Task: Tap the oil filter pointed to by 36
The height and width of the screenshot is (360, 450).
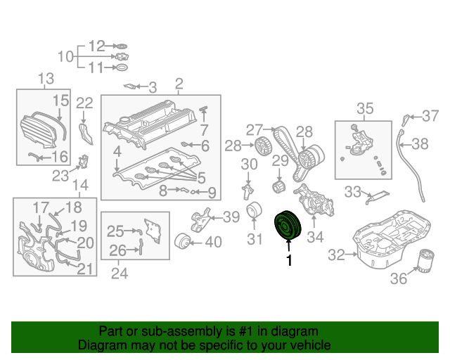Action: click(x=426, y=262)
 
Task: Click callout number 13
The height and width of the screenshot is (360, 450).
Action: click(x=45, y=78)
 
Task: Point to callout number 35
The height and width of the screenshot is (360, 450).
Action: click(x=365, y=108)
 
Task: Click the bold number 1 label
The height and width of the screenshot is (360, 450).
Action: click(x=288, y=262)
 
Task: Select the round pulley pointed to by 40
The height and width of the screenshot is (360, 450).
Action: click(x=182, y=241)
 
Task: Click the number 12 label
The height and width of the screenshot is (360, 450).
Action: click(x=96, y=46)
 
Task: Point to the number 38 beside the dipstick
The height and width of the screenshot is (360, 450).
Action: click(x=420, y=144)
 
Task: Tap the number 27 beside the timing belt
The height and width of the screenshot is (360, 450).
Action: click(x=253, y=129)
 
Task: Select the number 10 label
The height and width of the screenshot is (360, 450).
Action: click(x=65, y=56)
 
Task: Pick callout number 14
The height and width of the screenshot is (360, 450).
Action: click(x=80, y=185)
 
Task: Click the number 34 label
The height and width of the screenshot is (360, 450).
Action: click(x=314, y=238)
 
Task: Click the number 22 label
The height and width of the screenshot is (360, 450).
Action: click(x=84, y=103)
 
